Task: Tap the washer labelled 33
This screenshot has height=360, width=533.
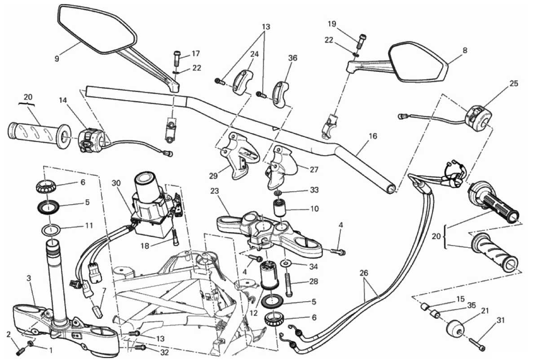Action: tap(278, 193)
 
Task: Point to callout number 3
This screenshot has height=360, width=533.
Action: tap(29, 279)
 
